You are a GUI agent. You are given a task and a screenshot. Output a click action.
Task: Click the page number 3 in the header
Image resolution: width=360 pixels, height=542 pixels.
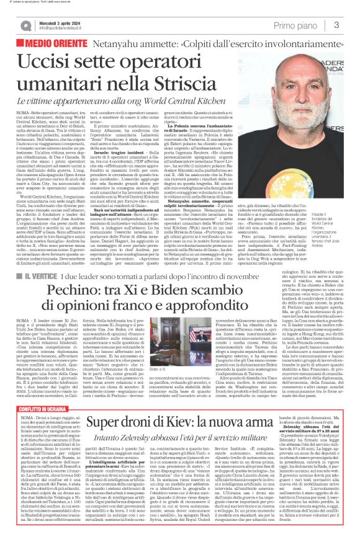pyautogui.click(x=336, y=25)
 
